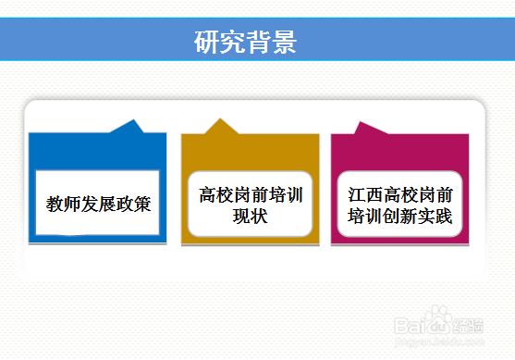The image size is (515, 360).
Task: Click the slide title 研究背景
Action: click(245, 43)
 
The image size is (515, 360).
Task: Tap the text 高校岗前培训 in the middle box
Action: click(251, 195)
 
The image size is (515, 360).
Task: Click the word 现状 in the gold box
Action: click(251, 217)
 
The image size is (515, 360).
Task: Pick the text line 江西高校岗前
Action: click(400, 195)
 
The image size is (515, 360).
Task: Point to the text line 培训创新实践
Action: click(400, 217)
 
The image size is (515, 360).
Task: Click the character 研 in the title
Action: click(207, 43)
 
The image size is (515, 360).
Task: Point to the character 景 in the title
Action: click(284, 43)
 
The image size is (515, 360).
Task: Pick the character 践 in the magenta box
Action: click(444, 217)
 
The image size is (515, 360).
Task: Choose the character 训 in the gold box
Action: click(294, 195)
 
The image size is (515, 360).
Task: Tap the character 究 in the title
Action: click(232, 43)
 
